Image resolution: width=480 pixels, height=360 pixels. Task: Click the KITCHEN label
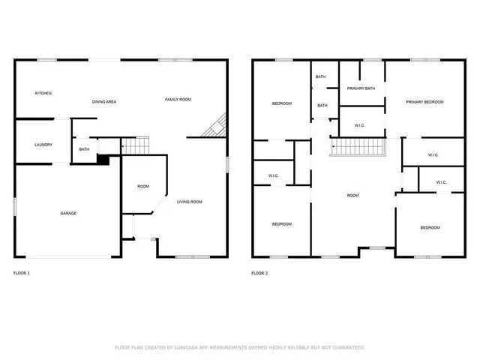(x=43, y=93)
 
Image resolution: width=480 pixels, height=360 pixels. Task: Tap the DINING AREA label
(x=103, y=101)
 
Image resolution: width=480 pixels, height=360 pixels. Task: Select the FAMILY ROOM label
(x=178, y=99)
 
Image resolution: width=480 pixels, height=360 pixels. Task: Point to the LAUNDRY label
(x=43, y=144)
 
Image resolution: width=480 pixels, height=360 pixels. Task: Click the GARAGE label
(x=68, y=213)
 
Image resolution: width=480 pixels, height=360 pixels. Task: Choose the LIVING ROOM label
(x=189, y=202)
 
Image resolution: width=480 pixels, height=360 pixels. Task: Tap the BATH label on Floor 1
(x=84, y=149)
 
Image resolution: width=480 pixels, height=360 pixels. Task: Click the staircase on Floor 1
(x=136, y=145)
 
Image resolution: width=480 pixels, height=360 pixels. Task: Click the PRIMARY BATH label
(x=361, y=88)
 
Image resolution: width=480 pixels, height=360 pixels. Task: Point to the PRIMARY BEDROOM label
(x=424, y=101)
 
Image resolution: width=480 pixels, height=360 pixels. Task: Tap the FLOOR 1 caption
(x=22, y=273)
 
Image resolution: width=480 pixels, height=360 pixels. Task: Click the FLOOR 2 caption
(x=259, y=273)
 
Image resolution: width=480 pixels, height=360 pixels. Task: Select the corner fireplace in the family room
(x=214, y=126)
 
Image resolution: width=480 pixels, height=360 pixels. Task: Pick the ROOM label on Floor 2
(x=352, y=196)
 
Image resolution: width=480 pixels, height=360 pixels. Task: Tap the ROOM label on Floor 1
(x=142, y=187)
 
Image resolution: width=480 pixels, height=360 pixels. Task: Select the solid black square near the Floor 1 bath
(x=103, y=160)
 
